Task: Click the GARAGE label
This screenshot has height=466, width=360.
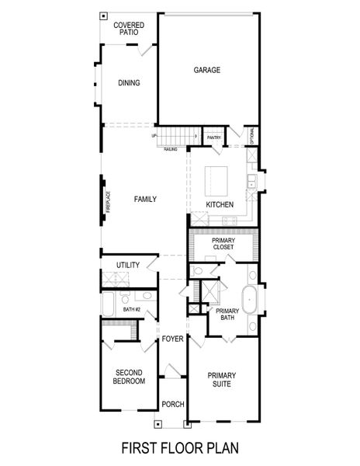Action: click(207, 70)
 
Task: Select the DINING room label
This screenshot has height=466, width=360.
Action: click(129, 84)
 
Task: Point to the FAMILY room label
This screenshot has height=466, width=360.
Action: click(145, 200)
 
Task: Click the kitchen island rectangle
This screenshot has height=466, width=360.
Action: click(217, 181)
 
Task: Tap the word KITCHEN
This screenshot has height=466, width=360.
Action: click(220, 205)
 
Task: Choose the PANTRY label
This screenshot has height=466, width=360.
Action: click(214, 138)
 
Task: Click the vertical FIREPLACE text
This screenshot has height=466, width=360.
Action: click(109, 202)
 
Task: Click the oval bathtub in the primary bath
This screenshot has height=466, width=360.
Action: click(250, 300)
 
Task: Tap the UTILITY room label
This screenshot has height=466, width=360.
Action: click(128, 266)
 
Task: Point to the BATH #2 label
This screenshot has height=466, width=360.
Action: click(131, 311)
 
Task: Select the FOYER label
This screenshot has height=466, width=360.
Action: click(171, 339)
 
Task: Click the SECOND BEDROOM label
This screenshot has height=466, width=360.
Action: click(128, 377)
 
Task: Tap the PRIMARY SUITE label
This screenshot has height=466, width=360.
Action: click(221, 381)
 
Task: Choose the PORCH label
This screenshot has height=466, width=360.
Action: click(171, 405)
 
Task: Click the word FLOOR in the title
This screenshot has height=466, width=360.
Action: click(180, 448)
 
